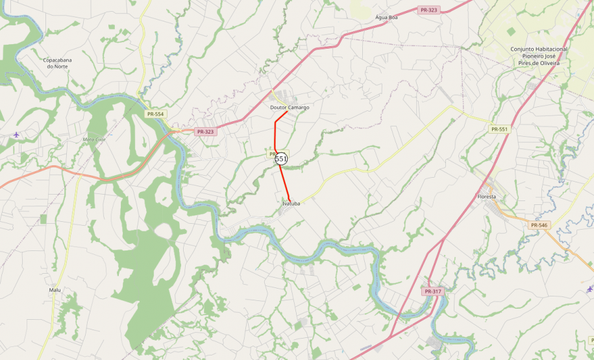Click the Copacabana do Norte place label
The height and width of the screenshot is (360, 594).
(57, 63)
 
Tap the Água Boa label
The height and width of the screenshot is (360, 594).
(386, 18)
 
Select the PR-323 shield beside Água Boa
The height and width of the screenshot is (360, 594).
(428, 10)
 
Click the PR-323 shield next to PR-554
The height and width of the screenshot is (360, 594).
(205, 132)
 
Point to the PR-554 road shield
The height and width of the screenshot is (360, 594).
(156, 114)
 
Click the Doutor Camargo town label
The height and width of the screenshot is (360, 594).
(290, 107)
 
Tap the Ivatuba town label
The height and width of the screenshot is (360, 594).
(291, 204)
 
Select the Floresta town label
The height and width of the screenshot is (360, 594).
(486, 197)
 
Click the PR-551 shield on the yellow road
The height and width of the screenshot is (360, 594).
(499, 129)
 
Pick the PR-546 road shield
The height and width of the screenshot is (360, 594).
(539, 225)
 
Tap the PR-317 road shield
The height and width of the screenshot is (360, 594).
(433, 291)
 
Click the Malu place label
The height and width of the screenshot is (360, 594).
(55, 290)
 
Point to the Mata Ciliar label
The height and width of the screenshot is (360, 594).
(94, 139)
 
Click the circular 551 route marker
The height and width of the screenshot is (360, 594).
(281, 158)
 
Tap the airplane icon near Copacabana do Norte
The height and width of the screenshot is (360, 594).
(16, 134)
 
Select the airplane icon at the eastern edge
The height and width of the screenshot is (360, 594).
(589, 289)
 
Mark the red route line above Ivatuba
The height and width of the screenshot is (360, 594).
(284, 182)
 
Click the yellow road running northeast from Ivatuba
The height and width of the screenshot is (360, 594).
(338, 175)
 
